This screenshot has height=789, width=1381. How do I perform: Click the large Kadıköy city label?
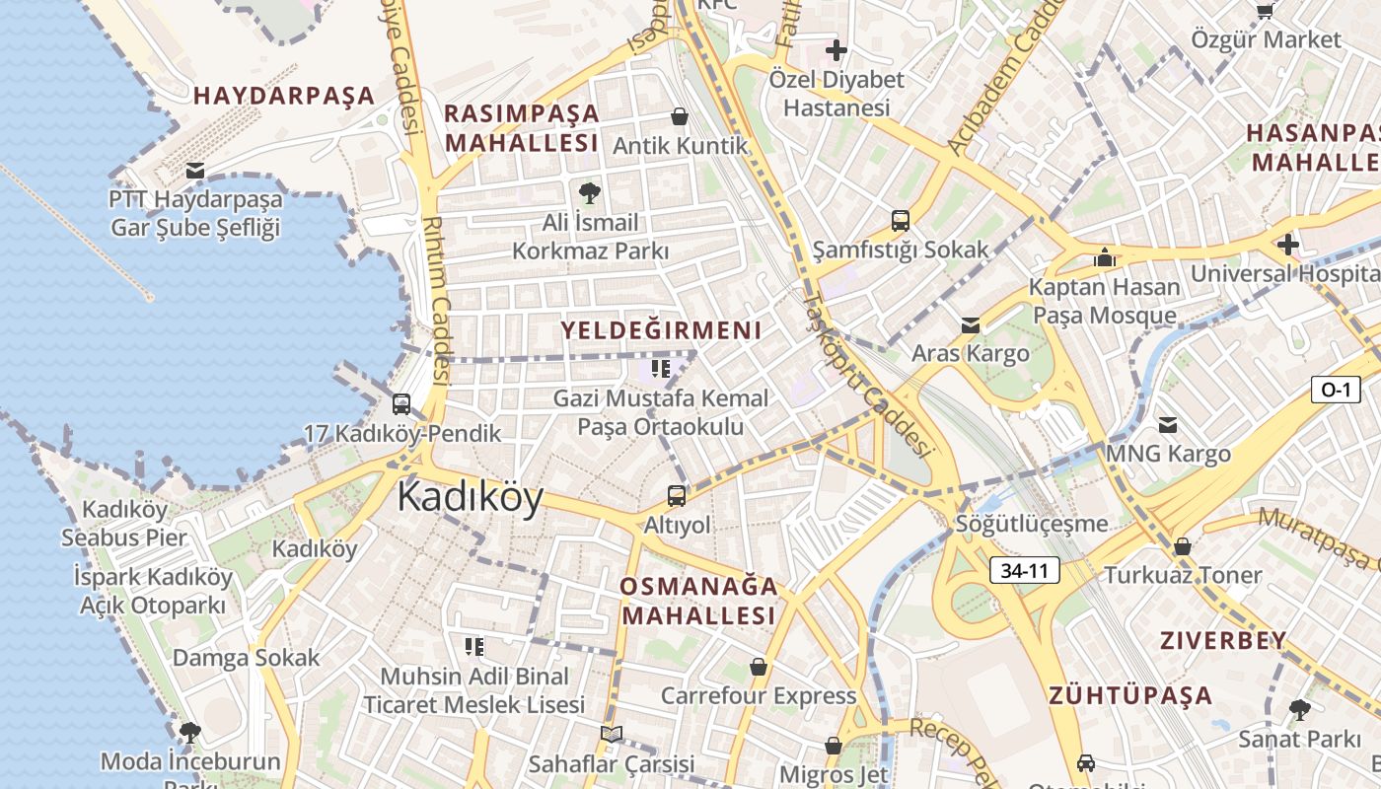click(x=470, y=497)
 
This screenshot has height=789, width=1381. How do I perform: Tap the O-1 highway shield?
click(x=1335, y=390)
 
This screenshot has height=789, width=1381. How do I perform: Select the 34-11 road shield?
click(x=1025, y=570)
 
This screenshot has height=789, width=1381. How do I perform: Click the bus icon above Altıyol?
click(x=677, y=495)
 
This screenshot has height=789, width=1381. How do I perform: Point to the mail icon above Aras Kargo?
click(x=971, y=324)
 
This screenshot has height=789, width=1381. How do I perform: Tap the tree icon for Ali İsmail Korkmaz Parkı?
click(x=590, y=192)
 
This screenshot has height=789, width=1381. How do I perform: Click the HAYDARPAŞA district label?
click(x=284, y=96)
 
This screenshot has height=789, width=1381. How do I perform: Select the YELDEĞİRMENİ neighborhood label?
click(x=661, y=330)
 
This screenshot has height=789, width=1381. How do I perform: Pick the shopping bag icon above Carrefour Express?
click(x=758, y=668)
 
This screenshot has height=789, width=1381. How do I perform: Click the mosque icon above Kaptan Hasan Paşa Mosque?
click(x=1104, y=258)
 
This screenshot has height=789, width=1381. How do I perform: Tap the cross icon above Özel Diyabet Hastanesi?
click(x=836, y=49)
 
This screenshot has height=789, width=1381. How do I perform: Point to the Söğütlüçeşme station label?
click(x=1031, y=524)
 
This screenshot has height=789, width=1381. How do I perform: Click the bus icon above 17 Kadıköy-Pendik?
click(x=401, y=403)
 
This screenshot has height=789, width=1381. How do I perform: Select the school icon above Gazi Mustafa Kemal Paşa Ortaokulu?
click(x=661, y=369)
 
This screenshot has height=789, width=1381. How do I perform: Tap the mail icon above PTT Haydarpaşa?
click(x=195, y=171)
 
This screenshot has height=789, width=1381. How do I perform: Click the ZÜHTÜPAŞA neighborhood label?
click(x=1130, y=695)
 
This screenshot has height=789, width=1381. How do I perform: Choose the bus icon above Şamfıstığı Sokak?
click(x=900, y=220)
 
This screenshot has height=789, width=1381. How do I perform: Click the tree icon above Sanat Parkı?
click(x=1299, y=709)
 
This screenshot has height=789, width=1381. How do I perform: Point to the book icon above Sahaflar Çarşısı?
click(x=611, y=734)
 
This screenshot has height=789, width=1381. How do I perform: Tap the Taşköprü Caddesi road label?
click(x=867, y=375)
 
